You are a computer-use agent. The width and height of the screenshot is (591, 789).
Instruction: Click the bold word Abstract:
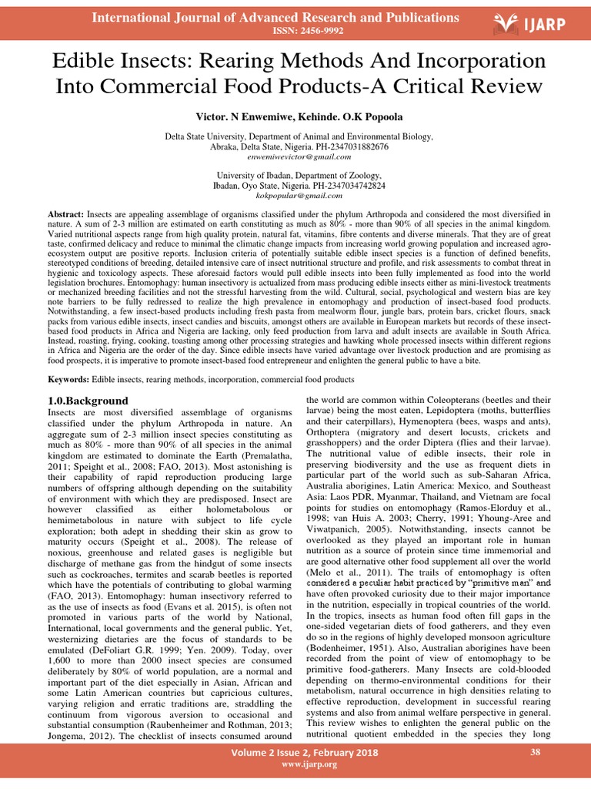click(66, 213)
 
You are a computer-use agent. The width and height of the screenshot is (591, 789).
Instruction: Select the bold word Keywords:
click(68, 380)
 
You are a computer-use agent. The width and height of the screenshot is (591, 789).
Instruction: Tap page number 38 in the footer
click(536, 751)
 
